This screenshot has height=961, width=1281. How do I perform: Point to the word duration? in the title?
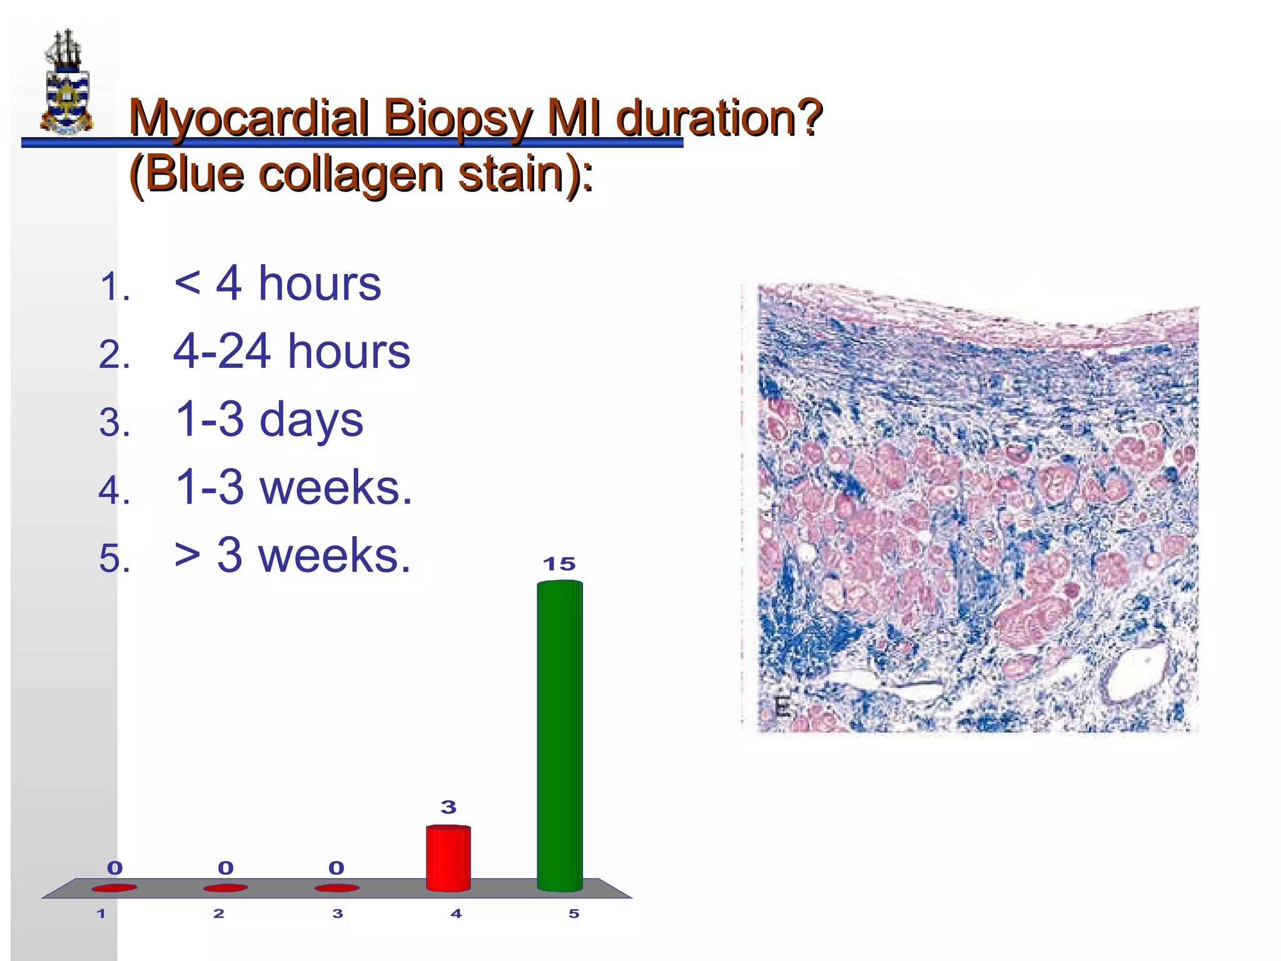tap(719, 118)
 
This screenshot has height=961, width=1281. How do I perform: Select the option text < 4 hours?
tap(277, 283)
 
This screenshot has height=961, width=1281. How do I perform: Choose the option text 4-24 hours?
tap(291, 351)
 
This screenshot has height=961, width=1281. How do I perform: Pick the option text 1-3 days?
tap(269, 419)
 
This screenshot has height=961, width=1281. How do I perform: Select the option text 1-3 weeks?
tap(293, 487)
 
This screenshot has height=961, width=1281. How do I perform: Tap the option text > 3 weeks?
tap(292, 555)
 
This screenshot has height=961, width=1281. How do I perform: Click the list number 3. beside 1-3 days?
tap(114, 423)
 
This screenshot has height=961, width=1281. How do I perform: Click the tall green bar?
tap(560, 735)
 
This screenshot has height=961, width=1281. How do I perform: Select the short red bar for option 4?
tap(448, 858)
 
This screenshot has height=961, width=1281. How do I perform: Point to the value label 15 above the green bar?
tap(559, 564)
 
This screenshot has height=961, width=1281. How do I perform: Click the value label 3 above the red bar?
tap(448, 807)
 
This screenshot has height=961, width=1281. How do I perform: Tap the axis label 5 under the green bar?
tap(574, 913)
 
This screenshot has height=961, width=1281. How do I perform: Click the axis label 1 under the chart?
tap(101, 913)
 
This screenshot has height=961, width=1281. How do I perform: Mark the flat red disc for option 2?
tap(225, 887)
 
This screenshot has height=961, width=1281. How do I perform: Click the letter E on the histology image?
tap(781, 707)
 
